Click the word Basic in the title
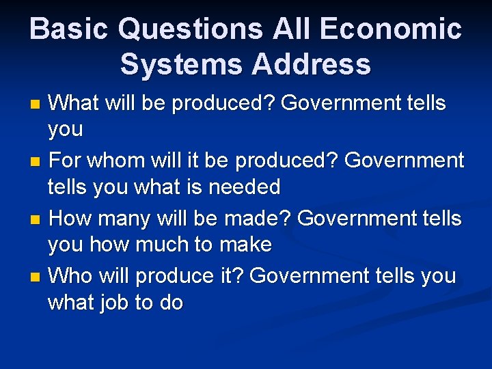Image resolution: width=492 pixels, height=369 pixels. (x=68, y=29)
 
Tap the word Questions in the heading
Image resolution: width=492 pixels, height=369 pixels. (x=190, y=29)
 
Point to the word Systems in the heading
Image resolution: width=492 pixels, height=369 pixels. (x=179, y=65)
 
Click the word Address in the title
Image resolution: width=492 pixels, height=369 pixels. (x=312, y=65)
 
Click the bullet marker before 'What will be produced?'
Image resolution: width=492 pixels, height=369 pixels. (x=37, y=105)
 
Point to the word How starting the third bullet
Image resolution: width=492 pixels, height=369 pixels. (x=70, y=219)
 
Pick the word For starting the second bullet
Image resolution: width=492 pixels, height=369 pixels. (x=66, y=161)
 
